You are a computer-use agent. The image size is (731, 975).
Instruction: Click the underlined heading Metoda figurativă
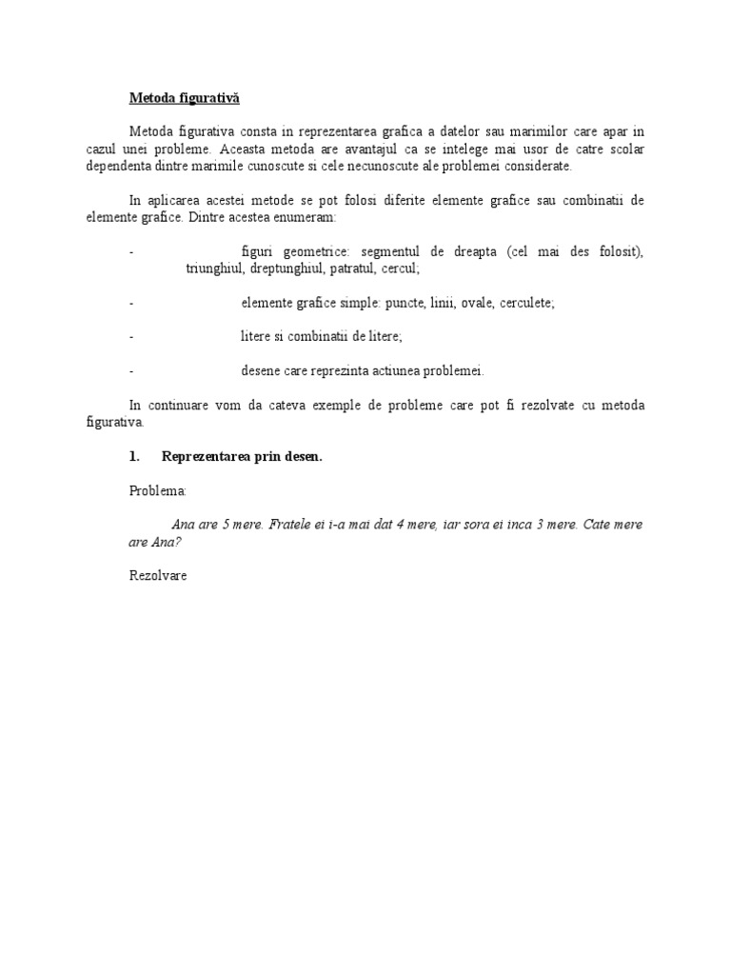point(185,97)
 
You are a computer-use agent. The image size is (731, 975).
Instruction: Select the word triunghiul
point(214,269)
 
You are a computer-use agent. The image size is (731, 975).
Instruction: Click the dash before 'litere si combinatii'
point(130,337)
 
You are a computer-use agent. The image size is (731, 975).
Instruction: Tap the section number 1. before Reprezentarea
point(134,457)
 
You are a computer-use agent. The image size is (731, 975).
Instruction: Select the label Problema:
point(159,491)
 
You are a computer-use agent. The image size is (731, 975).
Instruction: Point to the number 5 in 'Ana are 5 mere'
point(226,525)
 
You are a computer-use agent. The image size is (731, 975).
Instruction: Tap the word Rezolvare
point(158,576)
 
